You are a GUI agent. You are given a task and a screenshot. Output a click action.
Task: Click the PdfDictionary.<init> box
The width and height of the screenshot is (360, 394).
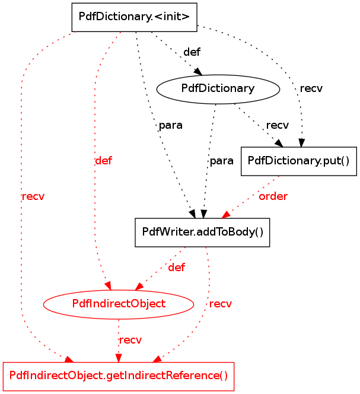pos(134,17)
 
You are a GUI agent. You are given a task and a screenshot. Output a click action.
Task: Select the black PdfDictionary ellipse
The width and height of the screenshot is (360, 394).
pos(218,89)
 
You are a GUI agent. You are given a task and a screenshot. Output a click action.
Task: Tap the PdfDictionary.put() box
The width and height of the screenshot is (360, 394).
pos(299,161)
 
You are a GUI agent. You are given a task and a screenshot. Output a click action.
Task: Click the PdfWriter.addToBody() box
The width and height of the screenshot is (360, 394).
pos(202,233)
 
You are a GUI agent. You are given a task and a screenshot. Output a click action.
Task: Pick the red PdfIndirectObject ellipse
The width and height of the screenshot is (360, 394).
pos(119,304)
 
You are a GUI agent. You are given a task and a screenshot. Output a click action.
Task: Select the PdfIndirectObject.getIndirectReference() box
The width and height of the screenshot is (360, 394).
pos(119,376)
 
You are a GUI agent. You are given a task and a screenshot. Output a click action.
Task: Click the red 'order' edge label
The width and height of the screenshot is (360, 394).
pos(273,196)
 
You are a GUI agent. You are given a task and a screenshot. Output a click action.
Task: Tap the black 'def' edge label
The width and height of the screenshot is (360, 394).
pos(192,52)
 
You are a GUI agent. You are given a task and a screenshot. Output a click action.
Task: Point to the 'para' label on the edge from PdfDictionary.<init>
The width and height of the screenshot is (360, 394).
pos(171,125)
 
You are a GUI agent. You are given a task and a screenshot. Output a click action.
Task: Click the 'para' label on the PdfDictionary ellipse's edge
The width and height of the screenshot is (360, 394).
pos(222,161)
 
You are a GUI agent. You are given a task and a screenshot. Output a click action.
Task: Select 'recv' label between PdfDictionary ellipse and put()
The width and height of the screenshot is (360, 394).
pos(278,125)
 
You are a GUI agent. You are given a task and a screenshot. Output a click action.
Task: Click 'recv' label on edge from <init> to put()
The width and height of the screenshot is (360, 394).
pos(311,88)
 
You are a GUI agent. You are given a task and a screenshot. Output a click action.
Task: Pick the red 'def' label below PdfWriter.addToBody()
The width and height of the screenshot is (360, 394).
pos(176,268)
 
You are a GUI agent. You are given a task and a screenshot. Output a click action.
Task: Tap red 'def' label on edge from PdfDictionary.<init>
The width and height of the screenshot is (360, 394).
pos(104,161)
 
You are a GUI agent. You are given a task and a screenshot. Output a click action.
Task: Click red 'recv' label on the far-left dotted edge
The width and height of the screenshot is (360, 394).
pos(33,196)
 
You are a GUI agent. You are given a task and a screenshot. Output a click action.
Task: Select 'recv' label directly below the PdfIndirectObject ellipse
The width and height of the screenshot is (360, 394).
pos(130,340)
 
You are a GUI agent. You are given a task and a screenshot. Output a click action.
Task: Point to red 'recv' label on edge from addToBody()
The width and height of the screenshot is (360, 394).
pos(221,304)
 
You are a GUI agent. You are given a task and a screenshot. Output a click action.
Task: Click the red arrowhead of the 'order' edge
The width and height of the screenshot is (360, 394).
pos(225,215)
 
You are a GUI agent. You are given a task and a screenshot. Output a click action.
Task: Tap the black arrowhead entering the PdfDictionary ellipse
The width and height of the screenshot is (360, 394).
pos(199,72)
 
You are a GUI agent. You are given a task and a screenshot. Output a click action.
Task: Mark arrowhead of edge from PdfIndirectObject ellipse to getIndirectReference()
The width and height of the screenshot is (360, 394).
pos(119,358)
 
